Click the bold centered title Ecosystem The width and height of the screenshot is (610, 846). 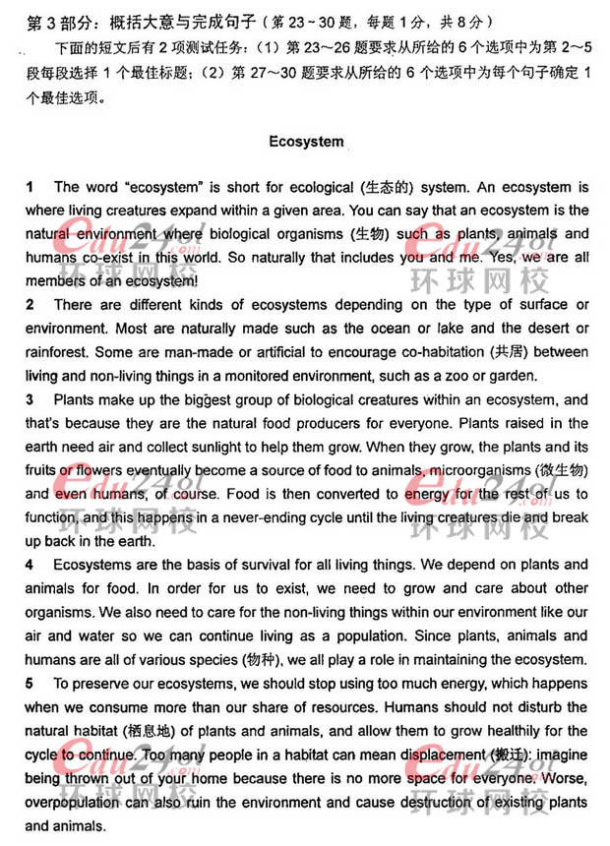[306, 142]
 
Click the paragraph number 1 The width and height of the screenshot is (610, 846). [30, 187]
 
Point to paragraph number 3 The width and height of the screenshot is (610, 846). [30, 399]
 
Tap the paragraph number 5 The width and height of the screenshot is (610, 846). [30, 683]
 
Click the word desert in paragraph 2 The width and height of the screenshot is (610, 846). [547, 329]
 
